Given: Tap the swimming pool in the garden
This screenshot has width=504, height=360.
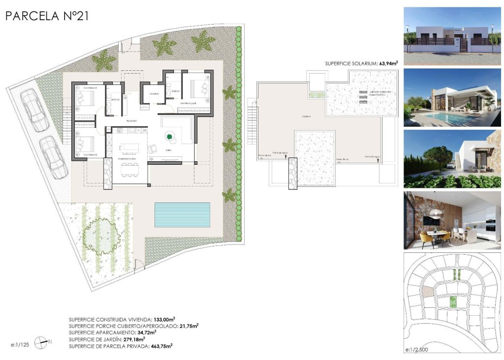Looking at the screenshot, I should (x=182, y=214).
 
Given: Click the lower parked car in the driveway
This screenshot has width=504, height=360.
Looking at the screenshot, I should (x=54, y=157).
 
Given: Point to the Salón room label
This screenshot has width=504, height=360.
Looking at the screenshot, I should (x=168, y=150).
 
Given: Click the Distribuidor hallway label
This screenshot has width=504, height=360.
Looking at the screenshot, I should (x=131, y=120).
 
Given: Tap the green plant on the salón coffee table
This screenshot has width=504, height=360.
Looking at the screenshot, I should (x=169, y=136).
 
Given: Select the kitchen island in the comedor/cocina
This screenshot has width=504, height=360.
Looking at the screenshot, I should (x=131, y=147).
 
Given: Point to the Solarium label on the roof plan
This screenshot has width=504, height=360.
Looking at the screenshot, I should (x=308, y=117).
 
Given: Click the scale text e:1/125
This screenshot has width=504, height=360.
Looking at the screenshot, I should (x=20, y=345).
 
